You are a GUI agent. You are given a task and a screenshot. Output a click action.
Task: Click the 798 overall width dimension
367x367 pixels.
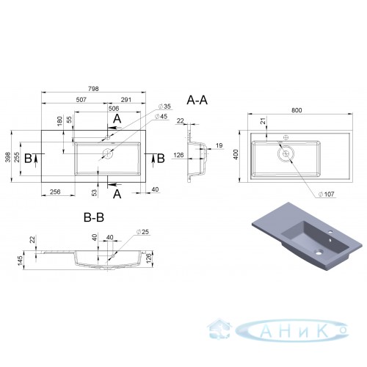[93, 89]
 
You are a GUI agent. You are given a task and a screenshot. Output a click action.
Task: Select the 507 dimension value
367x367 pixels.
[81, 100]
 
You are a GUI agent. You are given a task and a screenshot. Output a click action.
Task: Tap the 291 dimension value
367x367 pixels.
[126, 100]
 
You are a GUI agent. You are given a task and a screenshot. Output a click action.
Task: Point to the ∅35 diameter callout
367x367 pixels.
[164, 106]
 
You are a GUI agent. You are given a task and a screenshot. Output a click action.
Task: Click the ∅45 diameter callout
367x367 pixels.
[161, 117]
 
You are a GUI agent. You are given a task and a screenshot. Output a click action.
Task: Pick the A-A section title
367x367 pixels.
[197, 101]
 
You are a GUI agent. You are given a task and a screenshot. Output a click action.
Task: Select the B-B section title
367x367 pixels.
[94, 217]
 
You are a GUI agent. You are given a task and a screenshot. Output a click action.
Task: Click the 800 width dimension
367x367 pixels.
[297, 110]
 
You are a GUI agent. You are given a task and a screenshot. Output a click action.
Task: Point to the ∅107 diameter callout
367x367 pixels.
[326, 195]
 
